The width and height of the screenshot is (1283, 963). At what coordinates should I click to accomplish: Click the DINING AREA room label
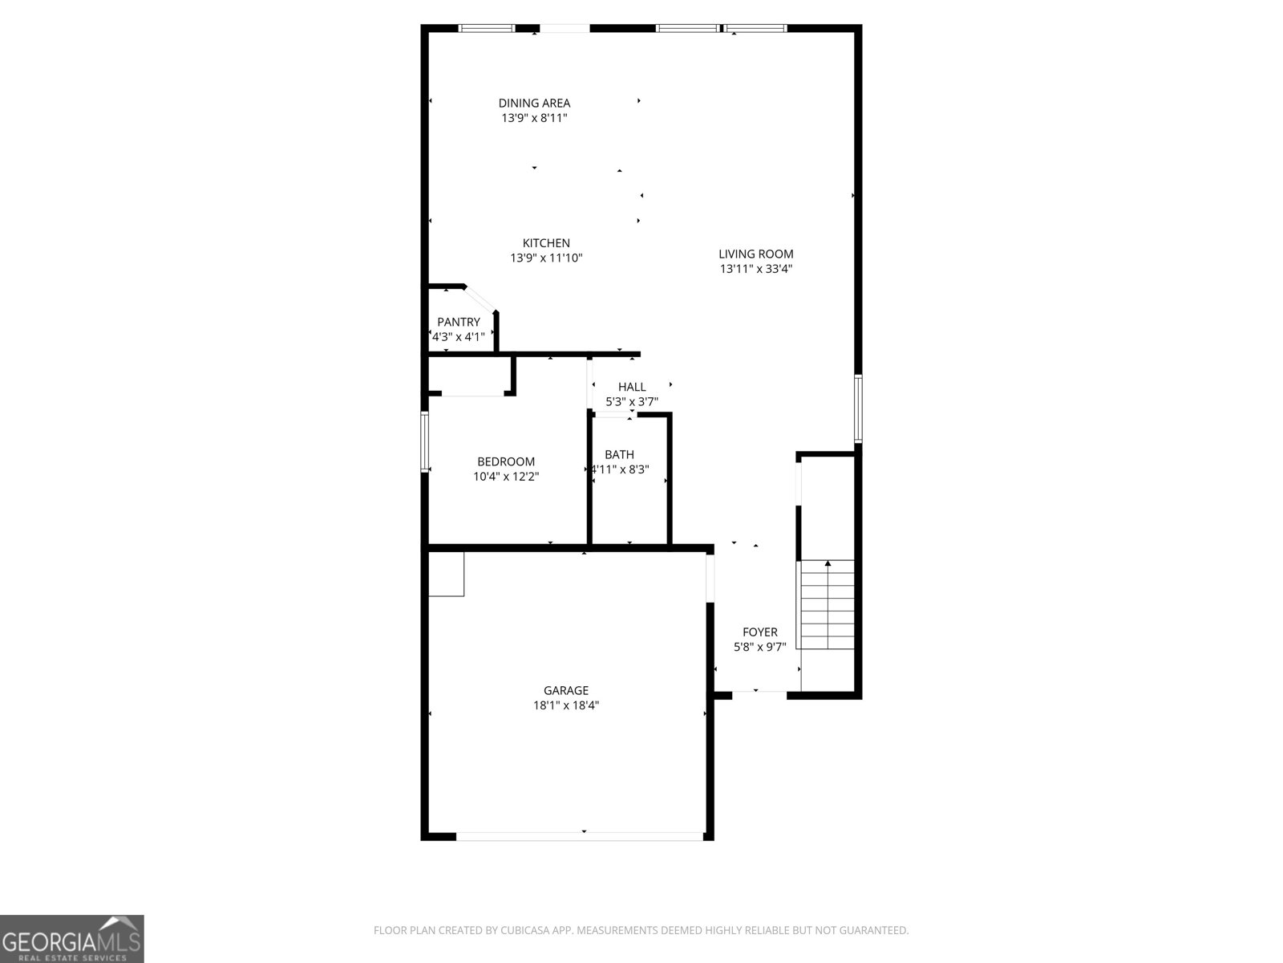pos(534,103)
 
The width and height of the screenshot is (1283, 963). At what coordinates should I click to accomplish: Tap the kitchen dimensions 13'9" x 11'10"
pos(546,258)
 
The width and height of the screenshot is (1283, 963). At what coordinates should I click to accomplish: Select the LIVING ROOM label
pos(755,254)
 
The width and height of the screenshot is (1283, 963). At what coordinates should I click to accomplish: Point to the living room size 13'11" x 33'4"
pos(755,269)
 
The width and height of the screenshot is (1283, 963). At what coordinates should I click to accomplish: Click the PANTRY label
pos(459,322)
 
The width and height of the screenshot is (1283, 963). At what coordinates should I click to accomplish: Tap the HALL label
pos(632,387)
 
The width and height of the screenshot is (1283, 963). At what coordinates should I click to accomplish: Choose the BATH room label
pos(619,454)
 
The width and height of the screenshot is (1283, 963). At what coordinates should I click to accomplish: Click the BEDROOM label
pos(505,461)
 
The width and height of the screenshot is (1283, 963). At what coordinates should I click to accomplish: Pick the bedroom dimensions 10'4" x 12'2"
pos(505,477)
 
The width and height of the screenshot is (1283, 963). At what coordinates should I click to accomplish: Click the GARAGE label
pos(566,690)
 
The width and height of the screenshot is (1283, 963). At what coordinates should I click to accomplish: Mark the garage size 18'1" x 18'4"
pos(566,705)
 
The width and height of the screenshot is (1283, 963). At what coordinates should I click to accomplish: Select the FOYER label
pos(759,632)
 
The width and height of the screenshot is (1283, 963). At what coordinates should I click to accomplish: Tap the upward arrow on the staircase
pos(828,564)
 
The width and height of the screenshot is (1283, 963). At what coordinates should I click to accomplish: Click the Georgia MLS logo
pos(72,938)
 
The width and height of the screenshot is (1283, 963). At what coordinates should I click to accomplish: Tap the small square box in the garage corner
pos(446,574)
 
